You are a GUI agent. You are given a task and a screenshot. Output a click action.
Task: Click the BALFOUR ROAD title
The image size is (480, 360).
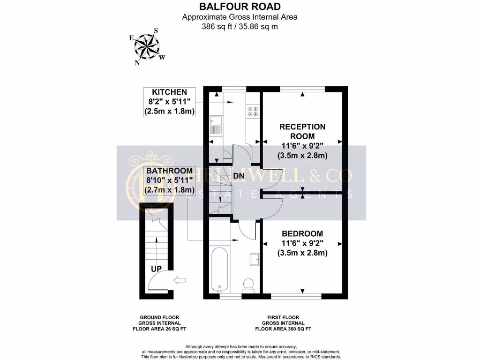[x=240, y=7]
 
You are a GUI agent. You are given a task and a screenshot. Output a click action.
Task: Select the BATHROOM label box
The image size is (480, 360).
[x=169, y=180]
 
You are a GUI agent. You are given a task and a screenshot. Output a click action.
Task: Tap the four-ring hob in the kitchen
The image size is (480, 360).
[x=253, y=111]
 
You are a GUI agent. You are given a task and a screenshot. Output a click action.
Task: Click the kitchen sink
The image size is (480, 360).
[x=216, y=124]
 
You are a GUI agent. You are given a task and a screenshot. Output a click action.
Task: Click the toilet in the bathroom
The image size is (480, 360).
[x=247, y=284]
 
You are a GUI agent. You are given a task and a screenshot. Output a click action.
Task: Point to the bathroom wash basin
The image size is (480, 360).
[x=255, y=259]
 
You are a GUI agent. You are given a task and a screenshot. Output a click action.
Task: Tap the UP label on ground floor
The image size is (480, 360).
[x=157, y=269]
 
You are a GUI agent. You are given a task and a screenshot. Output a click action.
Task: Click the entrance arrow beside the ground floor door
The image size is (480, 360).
[x=180, y=280]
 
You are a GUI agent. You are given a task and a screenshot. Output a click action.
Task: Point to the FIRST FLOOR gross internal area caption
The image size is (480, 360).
[x=283, y=323]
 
